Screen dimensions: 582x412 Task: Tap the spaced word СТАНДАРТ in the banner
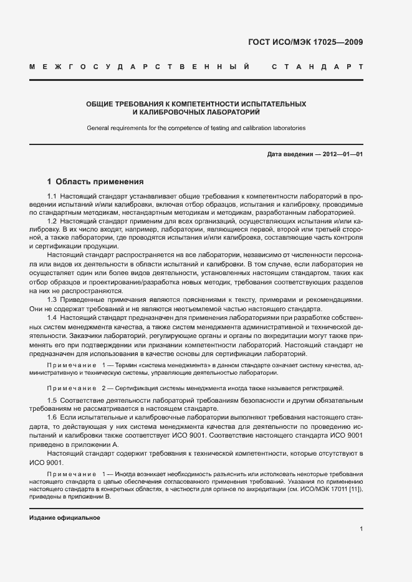pos(317,66)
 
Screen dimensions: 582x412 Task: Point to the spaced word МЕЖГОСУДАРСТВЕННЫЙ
pos(140,66)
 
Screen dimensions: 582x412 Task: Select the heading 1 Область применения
pos(95,182)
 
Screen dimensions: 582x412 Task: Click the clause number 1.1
pos(52,197)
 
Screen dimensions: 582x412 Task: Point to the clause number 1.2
pos(52,221)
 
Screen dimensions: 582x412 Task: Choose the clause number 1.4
pos(52,318)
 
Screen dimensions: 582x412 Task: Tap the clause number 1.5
pos(52,399)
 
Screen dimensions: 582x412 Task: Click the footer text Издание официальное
pos(65,518)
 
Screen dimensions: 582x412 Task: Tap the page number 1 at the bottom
pos(361,529)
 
